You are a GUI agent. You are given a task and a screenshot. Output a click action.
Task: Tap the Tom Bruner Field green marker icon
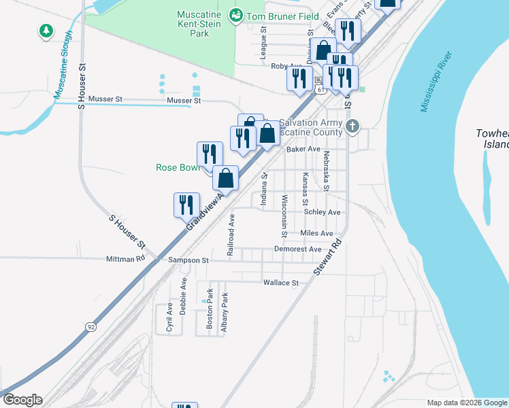tap(236, 14)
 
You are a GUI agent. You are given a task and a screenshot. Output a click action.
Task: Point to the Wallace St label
tap(281, 283)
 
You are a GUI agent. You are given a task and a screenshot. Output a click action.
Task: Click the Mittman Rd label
tap(126, 259)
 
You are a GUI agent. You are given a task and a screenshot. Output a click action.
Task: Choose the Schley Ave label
tap(322, 212)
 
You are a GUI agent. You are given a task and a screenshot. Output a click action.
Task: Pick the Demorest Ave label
tap(297, 250)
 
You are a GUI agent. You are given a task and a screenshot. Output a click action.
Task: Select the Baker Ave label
tap(303, 149)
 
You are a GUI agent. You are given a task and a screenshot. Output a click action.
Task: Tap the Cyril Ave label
tap(169, 318)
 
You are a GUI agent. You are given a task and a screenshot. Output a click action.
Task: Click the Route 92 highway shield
tap(91, 327)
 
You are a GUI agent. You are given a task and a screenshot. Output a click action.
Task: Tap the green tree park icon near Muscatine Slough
tap(46, 31)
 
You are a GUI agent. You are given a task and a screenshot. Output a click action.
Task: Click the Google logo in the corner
tap(22, 400)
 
